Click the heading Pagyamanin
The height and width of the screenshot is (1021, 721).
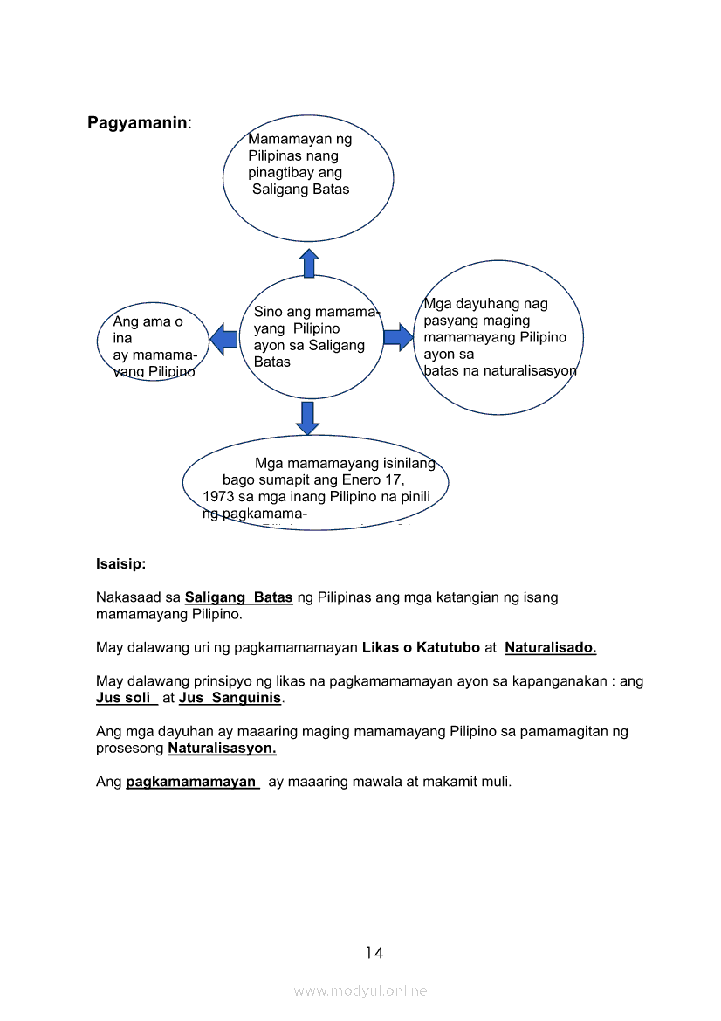pyautogui.click(x=137, y=123)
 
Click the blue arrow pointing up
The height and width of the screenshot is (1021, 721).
pyautogui.click(x=309, y=263)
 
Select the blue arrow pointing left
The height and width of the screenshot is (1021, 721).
pyautogui.click(x=224, y=339)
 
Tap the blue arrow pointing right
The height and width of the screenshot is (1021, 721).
pyautogui.click(x=398, y=337)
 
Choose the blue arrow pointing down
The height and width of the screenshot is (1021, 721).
pyautogui.click(x=307, y=418)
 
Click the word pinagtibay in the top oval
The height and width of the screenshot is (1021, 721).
pyautogui.click(x=283, y=172)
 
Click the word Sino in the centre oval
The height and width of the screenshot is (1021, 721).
pyautogui.click(x=268, y=312)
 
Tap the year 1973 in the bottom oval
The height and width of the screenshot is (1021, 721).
pyautogui.click(x=218, y=497)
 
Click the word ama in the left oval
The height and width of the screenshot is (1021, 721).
pyautogui.click(x=157, y=321)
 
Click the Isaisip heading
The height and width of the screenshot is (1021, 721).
pyautogui.click(x=120, y=564)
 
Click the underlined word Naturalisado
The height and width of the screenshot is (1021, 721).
pyautogui.click(x=550, y=648)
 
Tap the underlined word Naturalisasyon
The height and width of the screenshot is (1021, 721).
pyautogui.click(x=222, y=749)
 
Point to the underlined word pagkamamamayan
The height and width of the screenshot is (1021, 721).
pyautogui.click(x=192, y=782)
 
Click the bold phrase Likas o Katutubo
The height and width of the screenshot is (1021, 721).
pyautogui.click(x=421, y=648)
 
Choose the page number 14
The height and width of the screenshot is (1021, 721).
pyautogui.click(x=374, y=953)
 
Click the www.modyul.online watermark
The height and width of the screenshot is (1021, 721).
pyautogui.click(x=360, y=991)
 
